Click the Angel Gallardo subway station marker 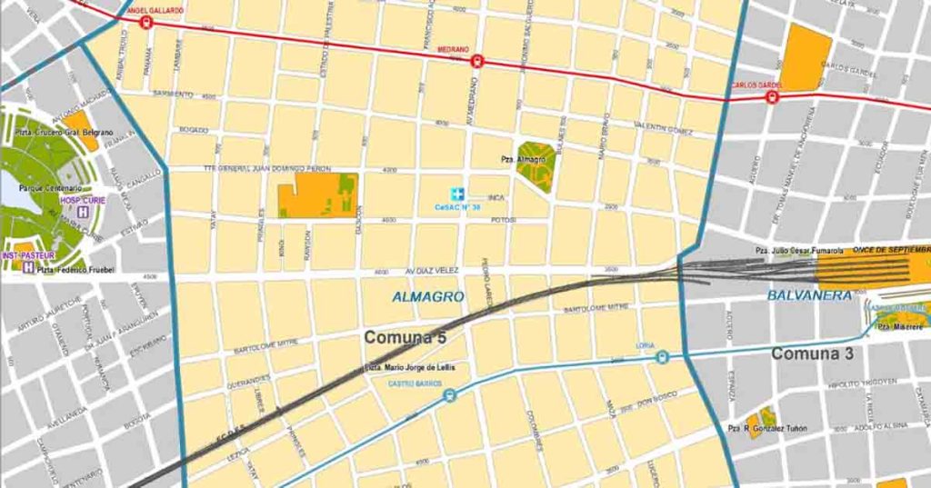(146, 21)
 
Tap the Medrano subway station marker (477, 62)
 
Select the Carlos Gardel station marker (772, 95)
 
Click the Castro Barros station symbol (448, 395)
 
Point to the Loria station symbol (662, 357)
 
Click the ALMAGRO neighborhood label (428, 297)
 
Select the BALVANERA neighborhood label (808, 295)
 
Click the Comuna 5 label (405, 337)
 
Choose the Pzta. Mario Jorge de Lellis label (409, 368)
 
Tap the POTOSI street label (503, 220)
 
